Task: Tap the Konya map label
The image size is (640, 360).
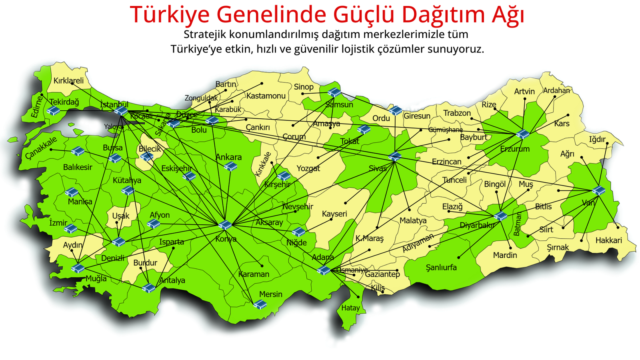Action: pyautogui.click(x=226, y=239)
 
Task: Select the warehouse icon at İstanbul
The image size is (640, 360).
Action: pyautogui.click(x=121, y=110)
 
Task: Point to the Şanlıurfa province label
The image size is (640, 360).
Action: pyautogui.click(x=441, y=267)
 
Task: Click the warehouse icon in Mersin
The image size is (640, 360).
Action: pyautogui.click(x=260, y=304)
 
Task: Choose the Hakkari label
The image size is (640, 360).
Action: pyautogui.click(x=608, y=240)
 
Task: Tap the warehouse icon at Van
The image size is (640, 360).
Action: pyautogui.click(x=598, y=190)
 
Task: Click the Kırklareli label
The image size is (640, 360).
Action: pyautogui.click(x=68, y=80)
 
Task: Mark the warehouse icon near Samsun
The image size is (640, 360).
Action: pyautogui.click(x=334, y=92)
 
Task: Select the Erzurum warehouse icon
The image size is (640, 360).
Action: pyautogui.click(x=522, y=134)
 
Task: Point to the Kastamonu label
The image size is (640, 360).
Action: pyautogui.click(x=266, y=96)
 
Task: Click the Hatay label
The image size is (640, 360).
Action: pyautogui.click(x=350, y=308)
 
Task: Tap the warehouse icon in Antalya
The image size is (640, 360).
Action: pyautogui.click(x=149, y=288)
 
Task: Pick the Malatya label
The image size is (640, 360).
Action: pyautogui.click(x=413, y=220)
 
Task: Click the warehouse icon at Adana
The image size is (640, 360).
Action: pyautogui.click(x=324, y=270)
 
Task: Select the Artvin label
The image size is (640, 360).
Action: pyautogui.click(x=524, y=92)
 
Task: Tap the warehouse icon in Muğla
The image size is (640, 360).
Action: pyautogui.click(x=78, y=268)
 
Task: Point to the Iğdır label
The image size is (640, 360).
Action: pyautogui.click(x=597, y=140)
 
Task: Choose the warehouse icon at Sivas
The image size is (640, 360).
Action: pyautogui.click(x=395, y=156)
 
